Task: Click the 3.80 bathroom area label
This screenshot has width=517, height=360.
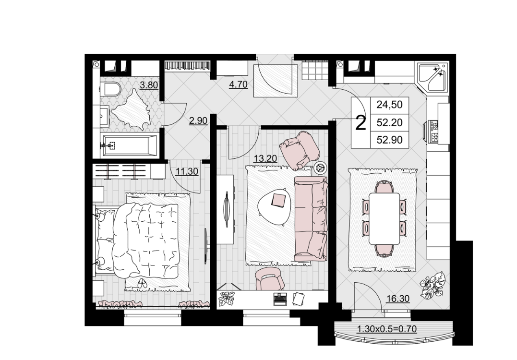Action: click(x=149, y=85)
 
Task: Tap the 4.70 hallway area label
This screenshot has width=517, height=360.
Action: click(x=238, y=84)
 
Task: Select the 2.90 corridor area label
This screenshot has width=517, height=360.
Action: click(x=198, y=120)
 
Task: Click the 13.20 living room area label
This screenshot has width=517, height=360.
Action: click(x=265, y=158)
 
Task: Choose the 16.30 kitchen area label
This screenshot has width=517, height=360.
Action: click(x=398, y=299)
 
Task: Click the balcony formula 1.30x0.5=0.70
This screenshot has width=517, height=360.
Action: click(x=387, y=329)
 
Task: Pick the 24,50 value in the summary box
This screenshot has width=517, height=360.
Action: click(x=389, y=105)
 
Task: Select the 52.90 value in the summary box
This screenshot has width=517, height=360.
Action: click(x=389, y=140)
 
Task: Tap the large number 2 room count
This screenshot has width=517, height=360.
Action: click(x=361, y=122)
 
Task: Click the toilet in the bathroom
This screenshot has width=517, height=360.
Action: click(x=110, y=89)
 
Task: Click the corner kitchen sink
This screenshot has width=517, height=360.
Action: click(x=433, y=77)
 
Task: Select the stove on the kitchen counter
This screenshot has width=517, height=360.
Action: click(x=433, y=132)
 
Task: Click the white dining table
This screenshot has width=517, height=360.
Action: click(x=385, y=218)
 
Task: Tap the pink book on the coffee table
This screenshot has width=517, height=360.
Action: click(x=279, y=200)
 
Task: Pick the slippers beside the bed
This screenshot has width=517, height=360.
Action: click(x=142, y=283)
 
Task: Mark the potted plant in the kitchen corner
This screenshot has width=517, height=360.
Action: click(x=433, y=284)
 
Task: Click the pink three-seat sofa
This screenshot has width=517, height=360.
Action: click(x=311, y=219)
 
